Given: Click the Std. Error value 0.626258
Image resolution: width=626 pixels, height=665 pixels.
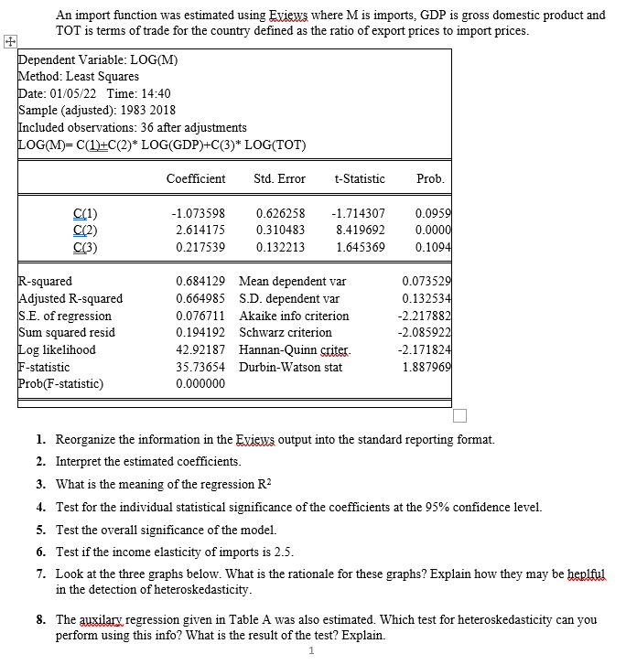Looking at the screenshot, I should [x=280, y=214].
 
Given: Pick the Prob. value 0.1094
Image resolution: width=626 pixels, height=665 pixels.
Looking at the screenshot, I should [x=432, y=247].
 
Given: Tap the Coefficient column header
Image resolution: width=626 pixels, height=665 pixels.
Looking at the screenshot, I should [x=196, y=178].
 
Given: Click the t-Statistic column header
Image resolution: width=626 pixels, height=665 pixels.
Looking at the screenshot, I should [x=360, y=178].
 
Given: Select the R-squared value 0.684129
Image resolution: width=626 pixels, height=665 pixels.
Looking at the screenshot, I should [x=200, y=282].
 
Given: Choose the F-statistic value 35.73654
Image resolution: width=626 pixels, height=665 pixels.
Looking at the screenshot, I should [x=200, y=367].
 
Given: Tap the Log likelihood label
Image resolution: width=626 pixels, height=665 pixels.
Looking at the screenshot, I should [x=57, y=349].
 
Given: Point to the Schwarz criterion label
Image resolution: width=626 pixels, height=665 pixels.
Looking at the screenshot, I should [x=285, y=333].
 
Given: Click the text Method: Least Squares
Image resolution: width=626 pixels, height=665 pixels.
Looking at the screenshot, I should [x=79, y=77].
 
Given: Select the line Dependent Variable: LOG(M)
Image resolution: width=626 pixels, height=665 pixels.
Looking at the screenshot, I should [x=98, y=60].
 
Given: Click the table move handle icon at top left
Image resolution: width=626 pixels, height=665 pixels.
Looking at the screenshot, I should [x=9, y=41].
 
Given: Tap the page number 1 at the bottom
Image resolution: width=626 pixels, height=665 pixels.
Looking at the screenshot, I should [x=312, y=651].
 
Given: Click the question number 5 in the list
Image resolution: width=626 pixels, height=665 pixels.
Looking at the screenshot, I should [x=41, y=530].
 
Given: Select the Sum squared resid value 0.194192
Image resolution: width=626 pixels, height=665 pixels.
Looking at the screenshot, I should [x=200, y=333].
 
